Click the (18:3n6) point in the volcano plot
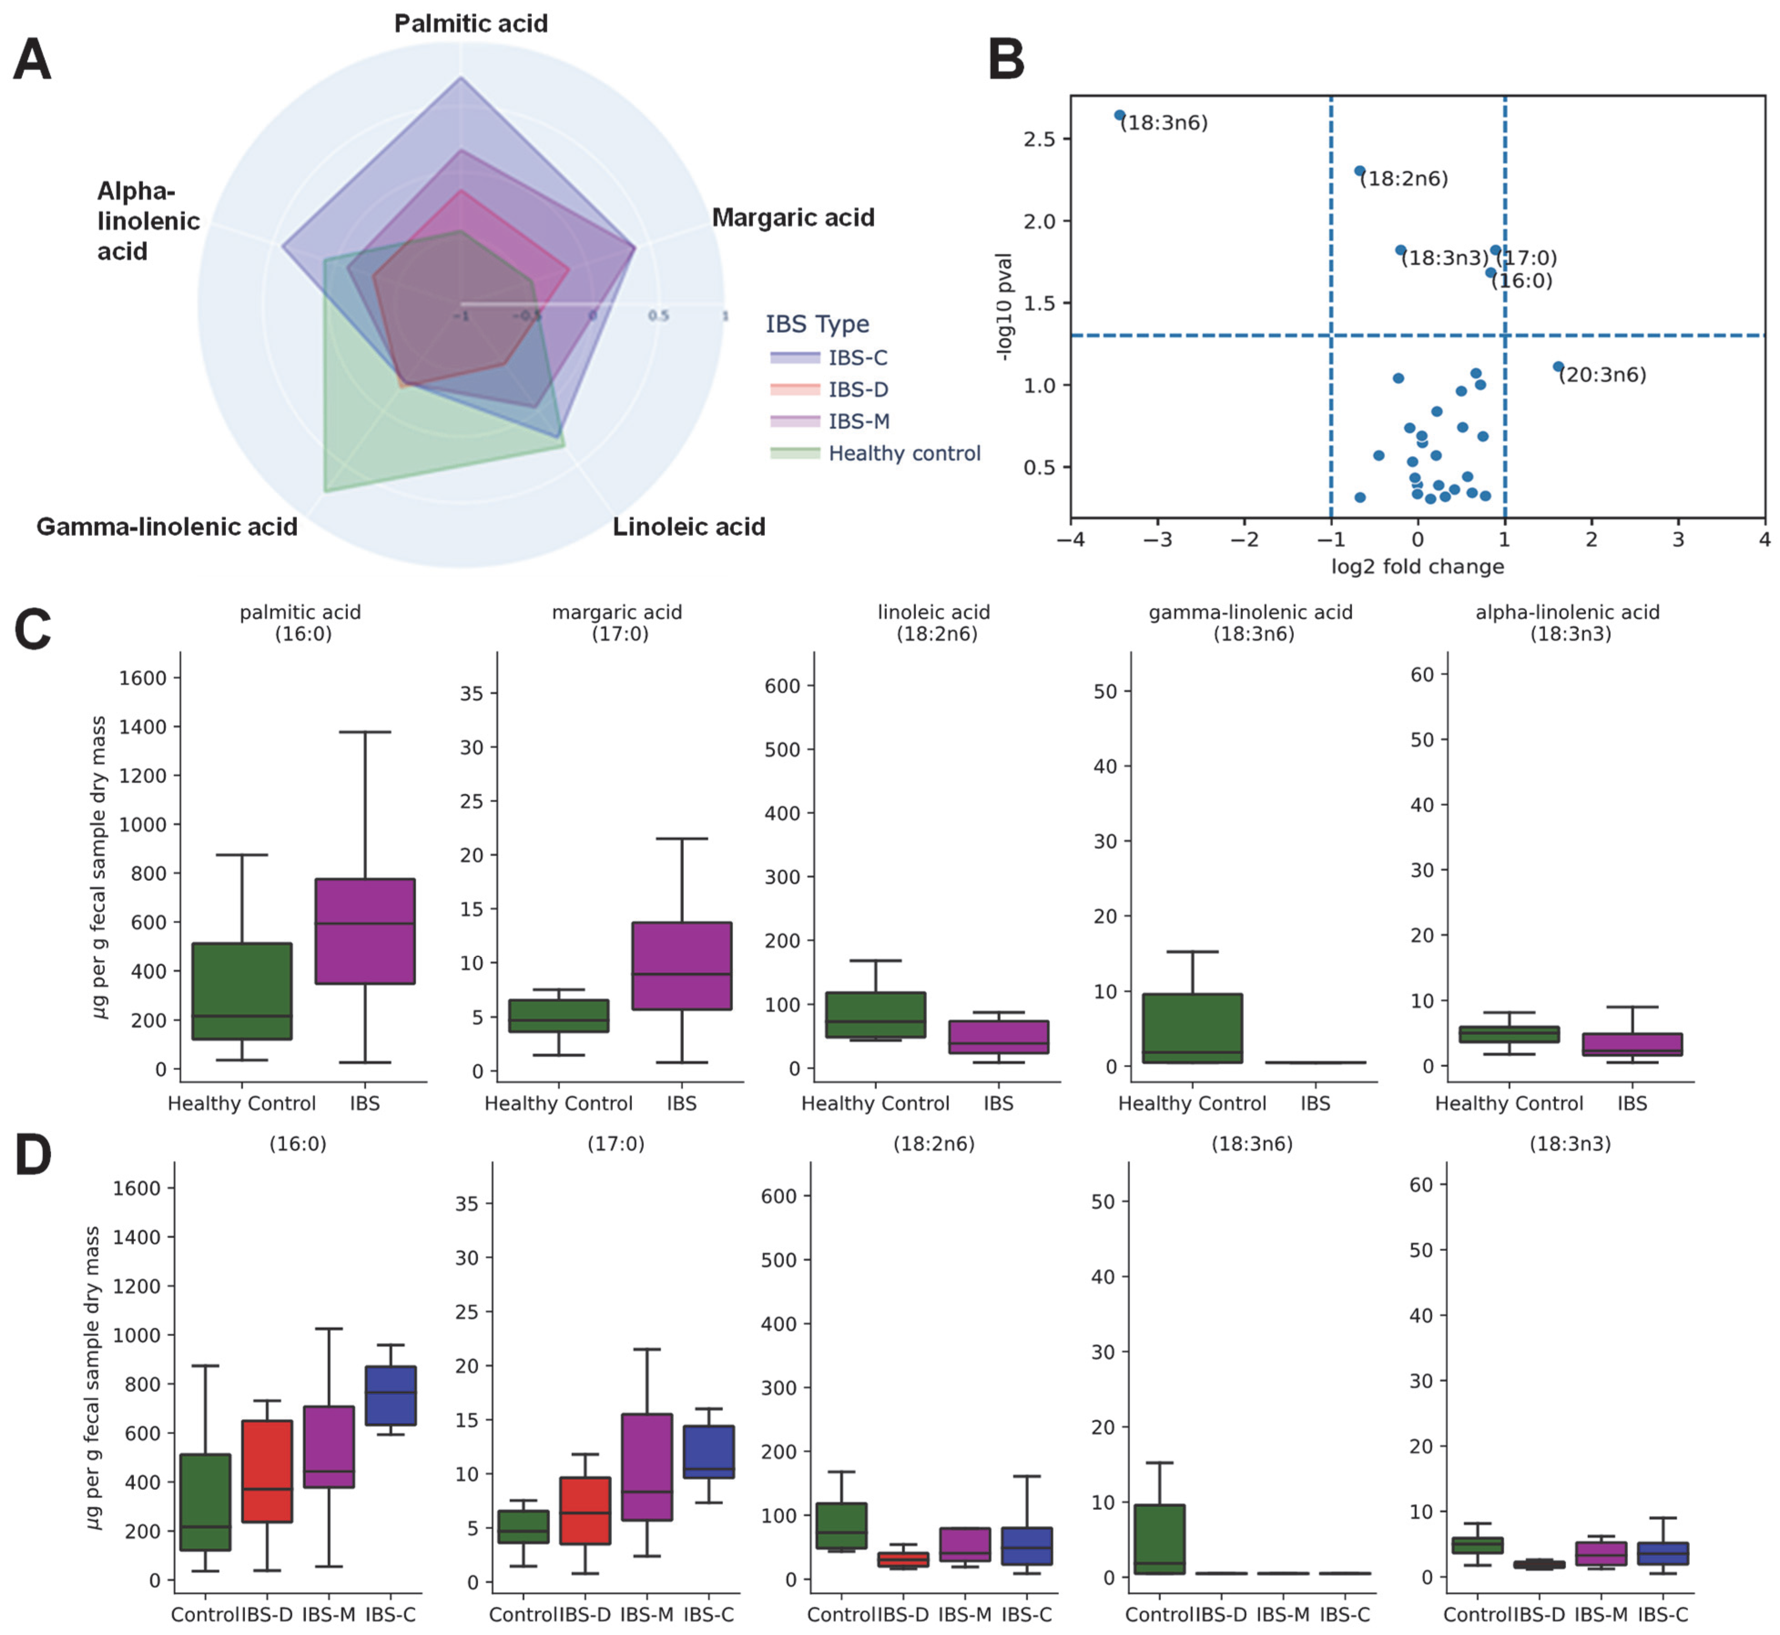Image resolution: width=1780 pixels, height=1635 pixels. tap(1119, 115)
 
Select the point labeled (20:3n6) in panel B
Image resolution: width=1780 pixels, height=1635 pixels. tap(1558, 366)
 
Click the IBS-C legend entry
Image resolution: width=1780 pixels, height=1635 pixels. tap(857, 357)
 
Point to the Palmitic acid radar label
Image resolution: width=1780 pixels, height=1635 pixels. tap(471, 24)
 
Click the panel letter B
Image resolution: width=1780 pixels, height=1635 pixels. tap(1006, 60)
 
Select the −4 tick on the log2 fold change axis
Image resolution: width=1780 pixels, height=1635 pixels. tap(1070, 540)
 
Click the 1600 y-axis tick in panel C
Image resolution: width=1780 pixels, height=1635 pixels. tap(142, 678)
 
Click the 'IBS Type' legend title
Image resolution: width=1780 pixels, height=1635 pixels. tap(817, 324)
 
